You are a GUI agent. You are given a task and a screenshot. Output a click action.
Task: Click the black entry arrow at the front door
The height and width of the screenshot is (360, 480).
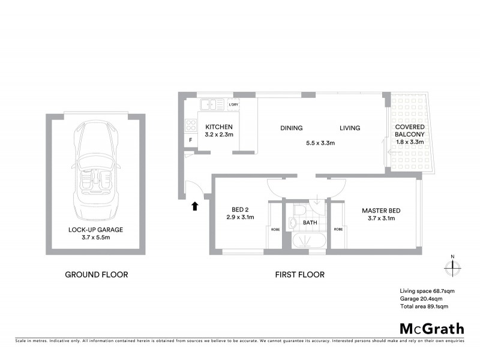pos(194,207)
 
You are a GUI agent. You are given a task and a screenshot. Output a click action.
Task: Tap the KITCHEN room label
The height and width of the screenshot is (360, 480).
pos(219,127)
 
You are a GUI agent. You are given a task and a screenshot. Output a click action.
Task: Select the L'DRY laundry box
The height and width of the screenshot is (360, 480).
pos(233,105)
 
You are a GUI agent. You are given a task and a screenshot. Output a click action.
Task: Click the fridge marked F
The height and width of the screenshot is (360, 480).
pos(190,141)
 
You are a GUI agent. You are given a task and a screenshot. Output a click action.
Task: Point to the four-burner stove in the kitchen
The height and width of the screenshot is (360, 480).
pos(191,125)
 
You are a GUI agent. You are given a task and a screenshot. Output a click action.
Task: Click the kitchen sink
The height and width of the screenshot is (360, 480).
pos(211,105)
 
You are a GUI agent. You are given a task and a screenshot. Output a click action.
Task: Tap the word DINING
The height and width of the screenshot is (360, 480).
pos(291,128)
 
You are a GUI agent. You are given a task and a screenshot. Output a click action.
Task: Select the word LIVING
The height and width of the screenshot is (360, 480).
pos(349,128)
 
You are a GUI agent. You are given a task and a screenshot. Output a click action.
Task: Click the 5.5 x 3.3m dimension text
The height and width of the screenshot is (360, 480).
pos(320,143)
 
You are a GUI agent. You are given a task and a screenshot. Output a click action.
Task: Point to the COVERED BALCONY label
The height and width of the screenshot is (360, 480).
pos(410,131)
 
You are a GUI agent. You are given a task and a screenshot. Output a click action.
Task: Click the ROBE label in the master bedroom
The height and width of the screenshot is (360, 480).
pos(338,229)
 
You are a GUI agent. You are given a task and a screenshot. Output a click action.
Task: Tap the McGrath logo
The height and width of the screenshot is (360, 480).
pos(431,328)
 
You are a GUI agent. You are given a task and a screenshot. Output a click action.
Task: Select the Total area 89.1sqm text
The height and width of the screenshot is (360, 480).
pos(424,306)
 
